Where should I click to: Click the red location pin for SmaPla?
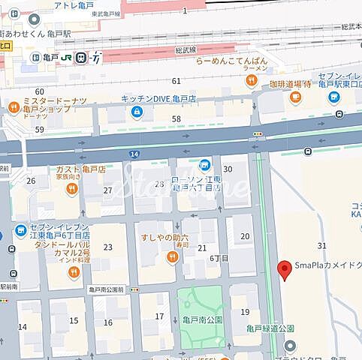pos(285,270)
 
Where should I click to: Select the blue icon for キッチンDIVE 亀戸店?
pos(136,112)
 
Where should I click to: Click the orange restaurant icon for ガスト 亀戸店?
pos(72,190)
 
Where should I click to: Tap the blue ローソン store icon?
pos(204,165)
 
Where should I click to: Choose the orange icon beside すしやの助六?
pos(172,257)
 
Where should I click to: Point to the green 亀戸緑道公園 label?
pos(270,328)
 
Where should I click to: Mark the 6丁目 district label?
pos(219,257)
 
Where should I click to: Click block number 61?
pos(176,80)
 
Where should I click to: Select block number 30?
pos(227,169)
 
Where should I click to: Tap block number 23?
pos(107,247)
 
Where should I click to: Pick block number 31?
pos(322,245)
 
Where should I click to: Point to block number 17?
pos(159,316)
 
